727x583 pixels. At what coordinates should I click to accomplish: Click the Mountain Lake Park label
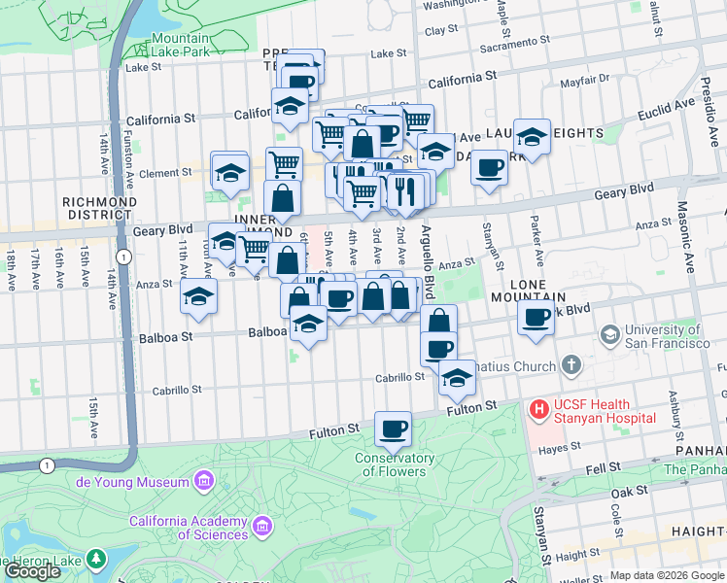(x=181, y=45)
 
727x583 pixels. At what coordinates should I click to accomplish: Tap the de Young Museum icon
(x=204, y=481)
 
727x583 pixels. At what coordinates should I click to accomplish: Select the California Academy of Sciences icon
(x=261, y=528)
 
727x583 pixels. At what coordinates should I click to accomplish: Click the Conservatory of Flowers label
(x=394, y=464)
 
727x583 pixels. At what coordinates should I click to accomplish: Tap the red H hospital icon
(x=538, y=411)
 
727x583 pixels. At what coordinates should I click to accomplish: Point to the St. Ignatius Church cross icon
(x=571, y=366)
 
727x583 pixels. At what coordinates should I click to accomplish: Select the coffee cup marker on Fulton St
(x=394, y=428)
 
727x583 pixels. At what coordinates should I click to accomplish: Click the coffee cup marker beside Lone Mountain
(x=535, y=317)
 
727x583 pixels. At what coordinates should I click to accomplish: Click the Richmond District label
(x=97, y=208)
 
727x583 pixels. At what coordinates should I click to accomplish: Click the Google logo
(x=32, y=571)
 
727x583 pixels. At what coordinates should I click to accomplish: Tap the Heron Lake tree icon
(x=95, y=559)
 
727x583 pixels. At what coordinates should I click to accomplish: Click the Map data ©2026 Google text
(x=666, y=575)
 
